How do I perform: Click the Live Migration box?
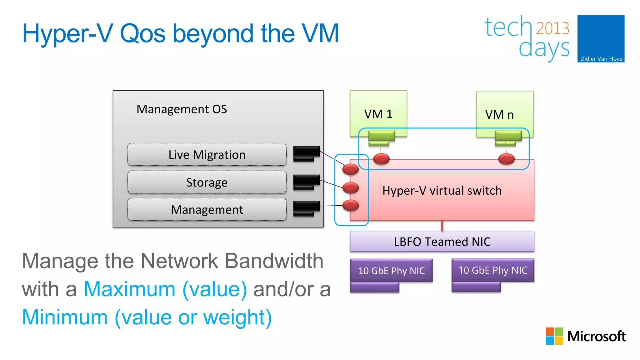pos(207,155)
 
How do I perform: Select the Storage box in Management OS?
pos(207,182)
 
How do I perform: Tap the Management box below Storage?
pos(207,209)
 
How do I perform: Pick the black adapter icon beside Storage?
pos(306,181)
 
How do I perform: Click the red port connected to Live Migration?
pos(350,169)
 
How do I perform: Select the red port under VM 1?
pos(381,159)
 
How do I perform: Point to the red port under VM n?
pos(506,159)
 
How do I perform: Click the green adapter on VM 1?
pos(381,137)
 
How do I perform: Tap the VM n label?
pos(499,115)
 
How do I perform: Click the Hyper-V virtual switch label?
pos(442,191)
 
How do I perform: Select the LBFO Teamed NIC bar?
pos(442,242)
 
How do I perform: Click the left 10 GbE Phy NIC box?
pos(391,271)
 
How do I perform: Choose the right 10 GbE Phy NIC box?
pos(493,270)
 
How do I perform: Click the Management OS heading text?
pos(182,109)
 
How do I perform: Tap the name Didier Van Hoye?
pos(601,59)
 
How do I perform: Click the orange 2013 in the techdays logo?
pos(552,28)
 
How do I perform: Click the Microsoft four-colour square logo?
pos(554,336)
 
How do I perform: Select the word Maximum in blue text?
pos(129,289)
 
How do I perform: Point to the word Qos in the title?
pos(142,34)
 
